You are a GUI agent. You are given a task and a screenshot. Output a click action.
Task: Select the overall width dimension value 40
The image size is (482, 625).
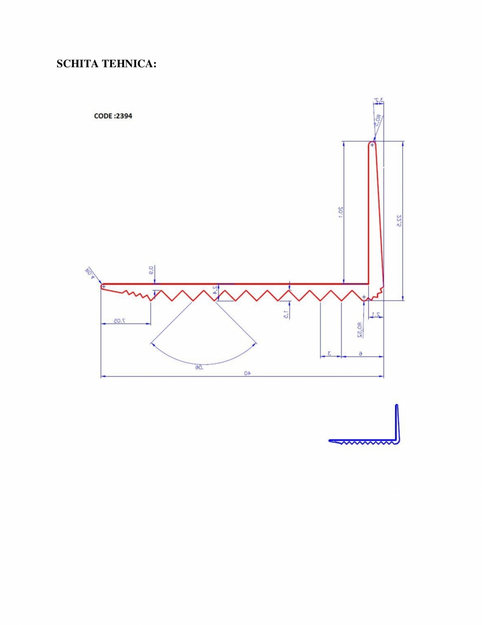pyautogui.click(x=247, y=372)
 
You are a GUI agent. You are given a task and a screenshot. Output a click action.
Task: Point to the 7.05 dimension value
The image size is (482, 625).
pyautogui.click(x=122, y=320)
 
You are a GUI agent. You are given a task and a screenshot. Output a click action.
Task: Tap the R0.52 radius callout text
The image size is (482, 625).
pyautogui.click(x=359, y=329)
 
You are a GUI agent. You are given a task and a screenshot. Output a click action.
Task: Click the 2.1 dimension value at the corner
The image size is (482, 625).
pyautogui.click(x=375, y=314)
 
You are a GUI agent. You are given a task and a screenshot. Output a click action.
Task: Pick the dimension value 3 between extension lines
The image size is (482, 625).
pyautogui.click(x=329, y=353)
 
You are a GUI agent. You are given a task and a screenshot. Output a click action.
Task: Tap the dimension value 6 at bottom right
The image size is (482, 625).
pyautogui.click(x=361, y=353)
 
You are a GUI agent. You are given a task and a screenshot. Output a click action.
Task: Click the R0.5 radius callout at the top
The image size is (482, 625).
pyautogui.click(x=378, y=120)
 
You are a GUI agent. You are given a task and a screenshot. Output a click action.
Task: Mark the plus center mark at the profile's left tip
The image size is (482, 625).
pyautogui.click(x=104, y=287)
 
